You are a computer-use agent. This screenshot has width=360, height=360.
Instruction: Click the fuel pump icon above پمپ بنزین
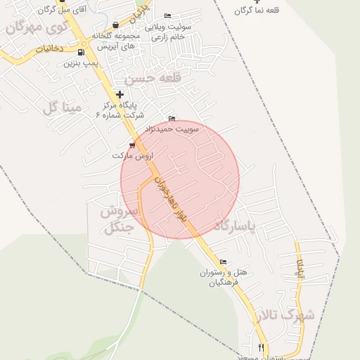coord(82,52)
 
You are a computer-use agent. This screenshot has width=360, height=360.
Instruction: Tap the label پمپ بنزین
coord(79,63)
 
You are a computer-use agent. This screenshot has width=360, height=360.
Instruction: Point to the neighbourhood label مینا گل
coord(63,108)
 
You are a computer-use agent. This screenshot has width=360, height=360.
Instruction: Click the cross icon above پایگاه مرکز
coord(120,94)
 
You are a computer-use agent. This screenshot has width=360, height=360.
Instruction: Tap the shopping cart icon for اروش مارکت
coord(131,146)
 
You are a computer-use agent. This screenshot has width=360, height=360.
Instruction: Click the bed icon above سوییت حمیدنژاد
coord(172,118)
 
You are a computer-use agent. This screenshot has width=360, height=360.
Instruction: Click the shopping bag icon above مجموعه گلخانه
coord(115,25)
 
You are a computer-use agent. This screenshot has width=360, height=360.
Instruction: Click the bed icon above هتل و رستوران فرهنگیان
coord(223,262)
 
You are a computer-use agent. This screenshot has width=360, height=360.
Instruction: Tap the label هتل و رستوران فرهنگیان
coord(219,276)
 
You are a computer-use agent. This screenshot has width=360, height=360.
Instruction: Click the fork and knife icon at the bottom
coord(261,347)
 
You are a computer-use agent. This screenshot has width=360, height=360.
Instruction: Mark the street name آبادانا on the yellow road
coord(300,268)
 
